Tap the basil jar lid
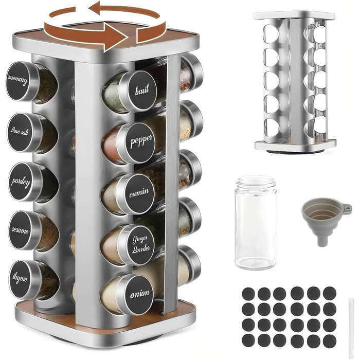coord(140,90)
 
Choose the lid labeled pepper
coord(139,142)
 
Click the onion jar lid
coord(138,295)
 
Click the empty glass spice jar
coord(255,222)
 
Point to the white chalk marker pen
coord(351,328)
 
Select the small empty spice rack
coord(295,83)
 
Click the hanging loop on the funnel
coord(347,207)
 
